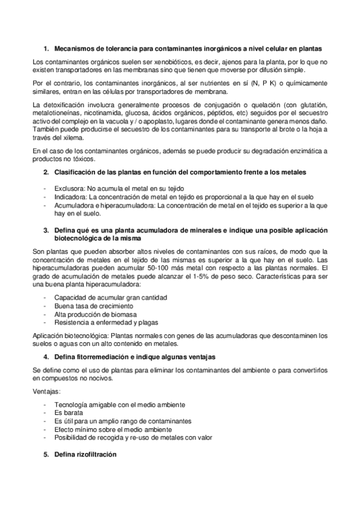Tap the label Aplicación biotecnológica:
coord(72,336)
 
